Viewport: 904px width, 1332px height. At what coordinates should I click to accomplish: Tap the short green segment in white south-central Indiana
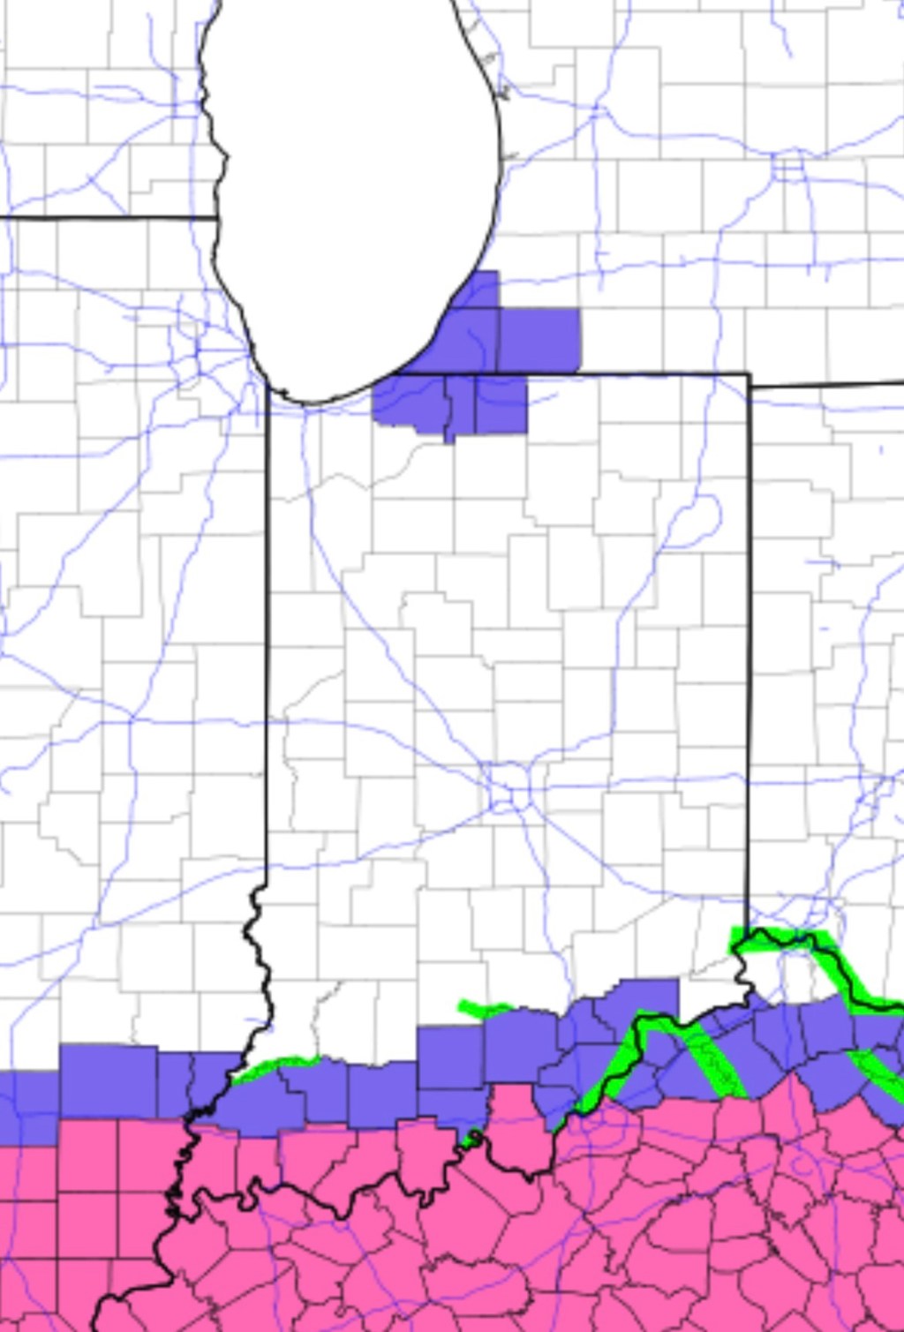pos(484,1008)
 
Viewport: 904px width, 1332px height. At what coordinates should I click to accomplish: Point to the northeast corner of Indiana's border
pos(750,374)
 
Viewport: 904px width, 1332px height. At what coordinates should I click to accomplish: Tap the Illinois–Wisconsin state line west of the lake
pos(106,217)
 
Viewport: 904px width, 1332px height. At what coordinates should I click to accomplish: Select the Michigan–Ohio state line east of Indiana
pos(830,384)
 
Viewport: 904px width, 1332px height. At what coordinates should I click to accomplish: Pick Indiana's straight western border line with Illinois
pos(267,636)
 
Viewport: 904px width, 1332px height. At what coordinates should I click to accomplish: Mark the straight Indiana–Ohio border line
pos(749,653)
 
